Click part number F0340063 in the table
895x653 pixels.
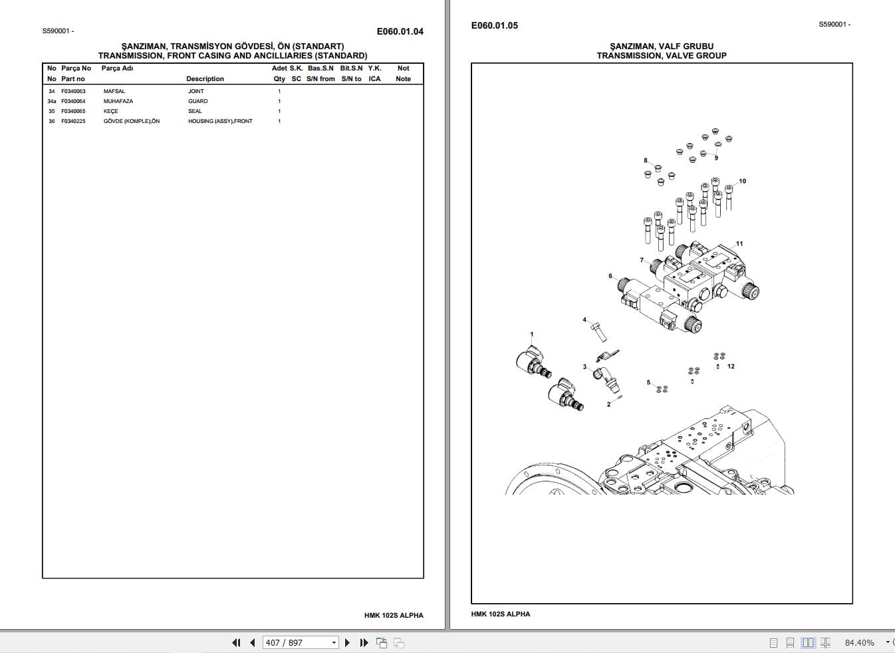[73, 91]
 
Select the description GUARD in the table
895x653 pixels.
[197, 101]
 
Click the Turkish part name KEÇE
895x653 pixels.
[110, 111]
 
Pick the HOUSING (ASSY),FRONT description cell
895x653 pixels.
[220, 121]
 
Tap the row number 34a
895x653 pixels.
[52, 101]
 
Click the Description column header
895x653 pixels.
[205, 78]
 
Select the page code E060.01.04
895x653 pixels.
[400, 31]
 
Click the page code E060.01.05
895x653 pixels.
[494, 25]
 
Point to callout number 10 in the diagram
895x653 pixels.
[743, 181]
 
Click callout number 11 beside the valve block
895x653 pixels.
[739, 244]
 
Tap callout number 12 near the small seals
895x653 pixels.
[731, 366]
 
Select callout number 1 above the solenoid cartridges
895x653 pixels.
[531, 334]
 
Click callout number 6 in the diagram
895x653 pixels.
[610, 276]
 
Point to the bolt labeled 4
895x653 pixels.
[597, 329]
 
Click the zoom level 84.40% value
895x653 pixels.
[859, 642]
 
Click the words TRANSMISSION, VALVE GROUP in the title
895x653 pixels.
[661, 55]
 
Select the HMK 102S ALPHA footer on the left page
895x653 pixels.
[394, 615]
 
